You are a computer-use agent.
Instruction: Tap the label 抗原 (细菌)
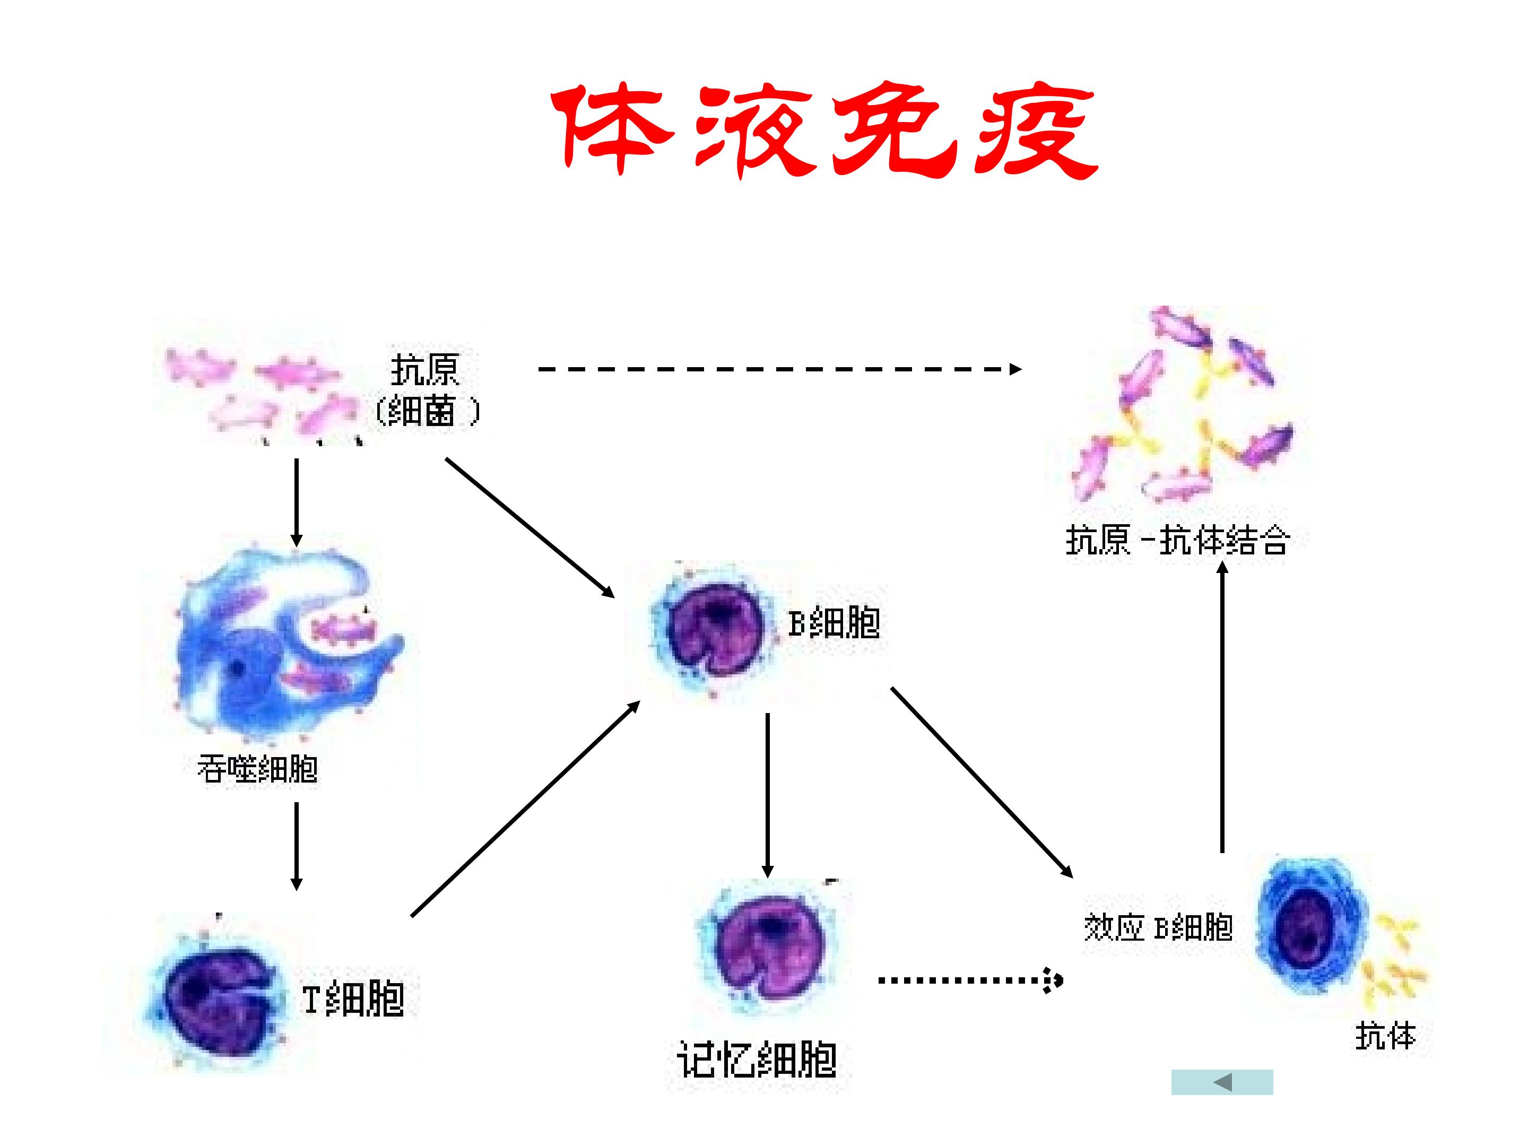pyautogui.click(x=426, y=390)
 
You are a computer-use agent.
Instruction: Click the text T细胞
pyautogui.click(x=353, y=998)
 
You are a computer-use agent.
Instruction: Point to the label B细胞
pyautogui.click(x=835, y=622)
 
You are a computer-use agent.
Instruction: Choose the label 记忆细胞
pyautogui.click(x=757, y=1059)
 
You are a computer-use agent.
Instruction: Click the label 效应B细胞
pyautogui.click(x=1158, y=927)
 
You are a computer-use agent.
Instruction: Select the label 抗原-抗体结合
pyautogui.click(x=1178, y=540)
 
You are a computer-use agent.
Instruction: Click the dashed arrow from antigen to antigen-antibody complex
pyautogui.click(x=780, y=369)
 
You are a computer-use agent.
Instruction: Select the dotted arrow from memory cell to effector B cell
pyautogui.click(x=970, y=979)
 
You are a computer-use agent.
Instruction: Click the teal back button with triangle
pyautogui.click(x=1222, y=1082)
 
